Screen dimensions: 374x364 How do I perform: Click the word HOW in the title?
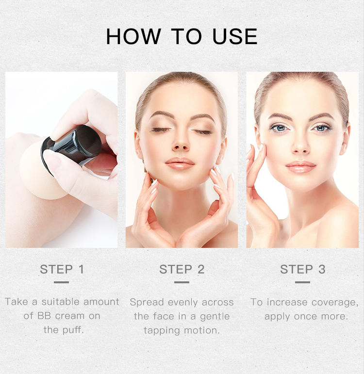[133, 37]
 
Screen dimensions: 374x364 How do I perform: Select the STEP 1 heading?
[62, 269]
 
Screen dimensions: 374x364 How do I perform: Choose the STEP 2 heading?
[182, 269]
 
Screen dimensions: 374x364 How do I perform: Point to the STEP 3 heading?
[302, 269]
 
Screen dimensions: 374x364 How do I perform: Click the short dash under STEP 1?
[62, 282]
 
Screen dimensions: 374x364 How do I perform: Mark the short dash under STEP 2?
[182, 282]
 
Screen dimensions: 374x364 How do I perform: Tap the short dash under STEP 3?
[302, 282]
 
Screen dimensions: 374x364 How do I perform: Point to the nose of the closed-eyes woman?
[182, 144]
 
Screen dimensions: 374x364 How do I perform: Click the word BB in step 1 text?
[43, 316]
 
